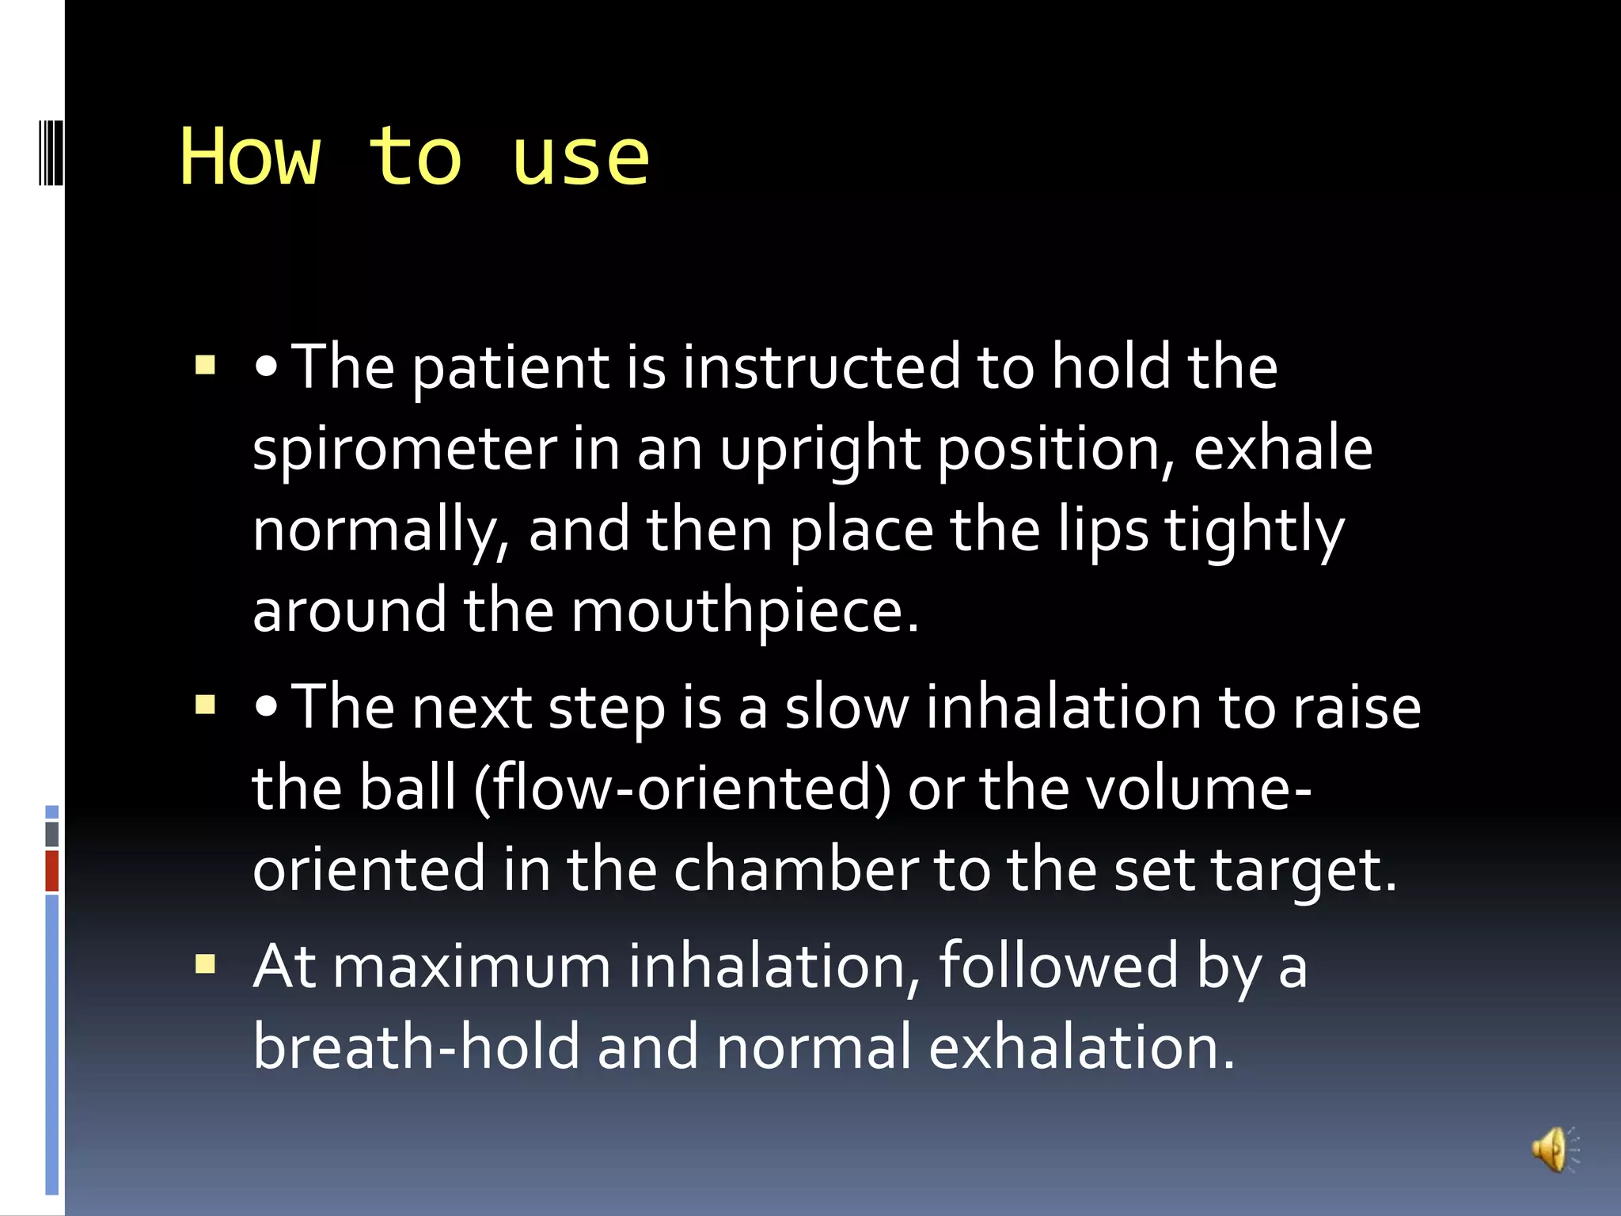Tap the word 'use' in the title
[580, 158]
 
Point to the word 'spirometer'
[404, 450]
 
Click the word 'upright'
[820, 450]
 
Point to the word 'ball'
[408, 788]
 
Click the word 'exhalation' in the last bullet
[1081, 1047]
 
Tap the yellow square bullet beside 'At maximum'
[206, 963]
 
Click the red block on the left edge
[52, 871]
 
